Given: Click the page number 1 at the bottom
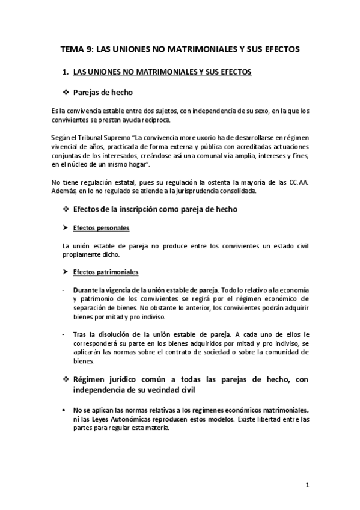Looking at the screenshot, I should point(307,484).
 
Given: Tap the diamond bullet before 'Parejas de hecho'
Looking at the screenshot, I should point(66,93).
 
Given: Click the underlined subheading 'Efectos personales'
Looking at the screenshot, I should point(100,229).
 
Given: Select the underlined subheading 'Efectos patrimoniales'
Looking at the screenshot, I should point(105,272).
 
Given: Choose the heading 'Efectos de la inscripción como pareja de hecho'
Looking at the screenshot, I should point(155,209).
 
